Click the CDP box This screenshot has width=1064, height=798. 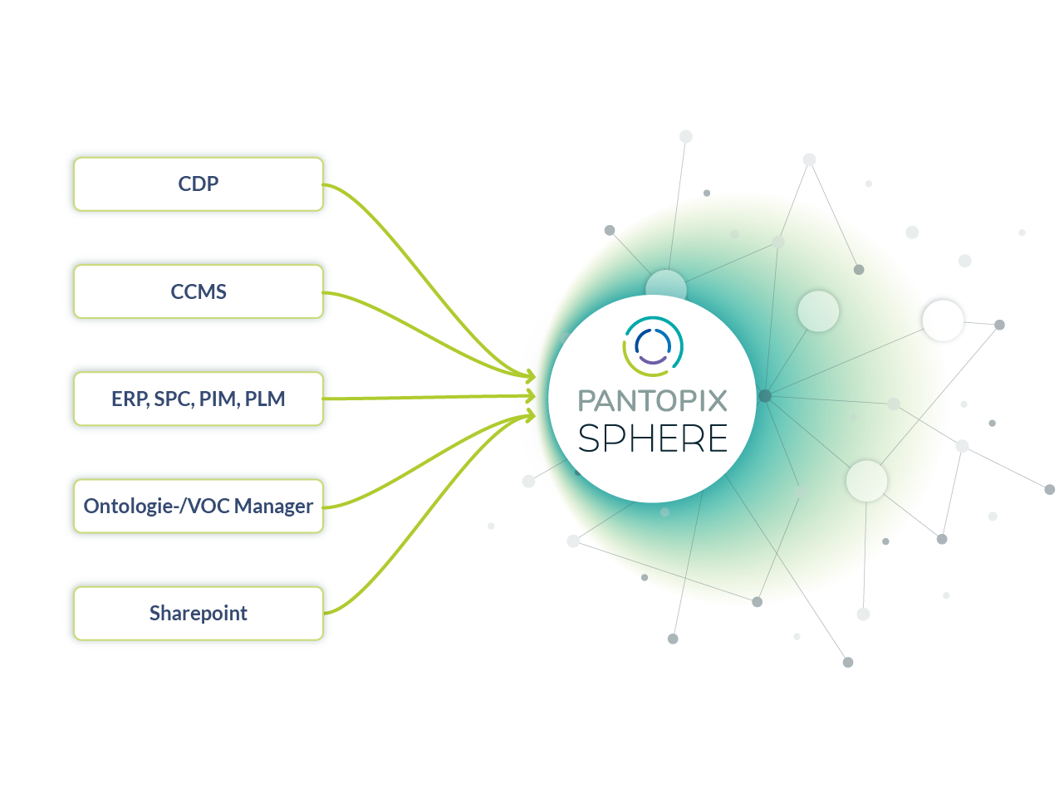click(198, 184)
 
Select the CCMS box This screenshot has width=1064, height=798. click(198, 291)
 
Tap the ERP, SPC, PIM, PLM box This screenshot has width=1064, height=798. click(198, 399)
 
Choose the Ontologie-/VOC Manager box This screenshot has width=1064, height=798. click(198, 506)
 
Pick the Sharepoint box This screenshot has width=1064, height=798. click(198, 613)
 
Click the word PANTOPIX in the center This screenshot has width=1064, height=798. click(652, 401)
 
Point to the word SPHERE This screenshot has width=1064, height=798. click(652, 438)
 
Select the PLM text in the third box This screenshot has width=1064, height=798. click(265, 399)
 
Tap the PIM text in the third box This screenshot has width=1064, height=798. click(218, 399)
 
